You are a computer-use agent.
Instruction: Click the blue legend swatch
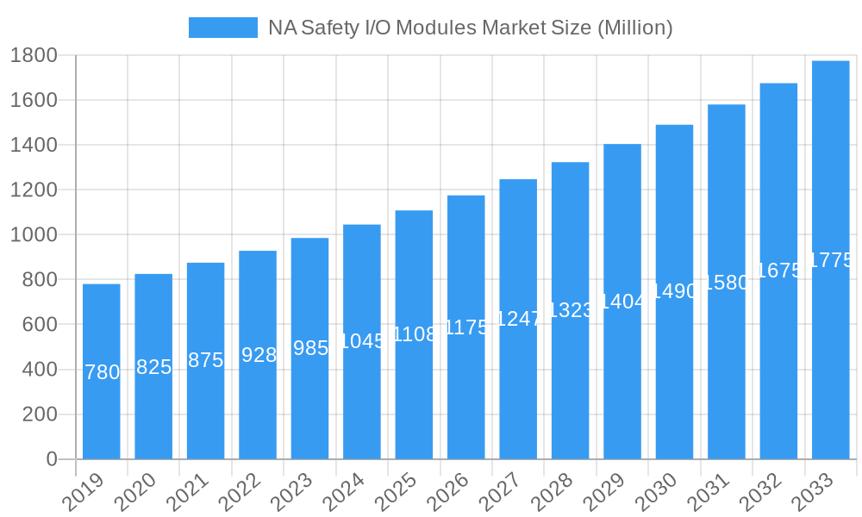click(222, 28)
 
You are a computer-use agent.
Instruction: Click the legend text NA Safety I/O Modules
click(470, 28)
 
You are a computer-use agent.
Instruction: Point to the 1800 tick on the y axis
click(34, 56)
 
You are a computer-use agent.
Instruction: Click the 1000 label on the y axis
click(34, 235)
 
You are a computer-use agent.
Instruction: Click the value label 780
click(103, 372)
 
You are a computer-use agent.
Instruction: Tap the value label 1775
click(831, 260)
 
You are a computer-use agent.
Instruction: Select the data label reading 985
click(310, 348)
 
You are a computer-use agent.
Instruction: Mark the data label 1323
click(571, 310)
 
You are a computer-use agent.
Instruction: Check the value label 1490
click(674, 291)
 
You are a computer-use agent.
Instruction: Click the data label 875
click(206, 360)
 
